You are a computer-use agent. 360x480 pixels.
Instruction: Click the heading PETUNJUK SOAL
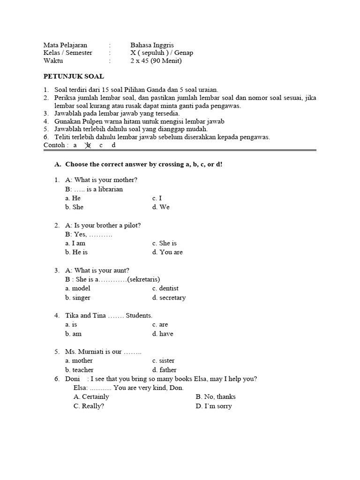click(x=74, y=76)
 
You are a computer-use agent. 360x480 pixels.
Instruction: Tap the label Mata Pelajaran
click(x=65, y=45)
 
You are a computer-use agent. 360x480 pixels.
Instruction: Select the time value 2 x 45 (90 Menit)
click(x=156, y=61)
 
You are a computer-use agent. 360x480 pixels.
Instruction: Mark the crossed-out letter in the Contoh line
click(x=87, y=145)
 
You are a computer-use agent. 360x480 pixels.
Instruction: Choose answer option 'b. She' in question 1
click(x=75, y=207)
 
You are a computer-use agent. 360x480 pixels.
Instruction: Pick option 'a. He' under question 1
click(x=73, y=198)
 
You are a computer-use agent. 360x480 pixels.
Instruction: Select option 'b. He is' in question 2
click(x=76, y=252)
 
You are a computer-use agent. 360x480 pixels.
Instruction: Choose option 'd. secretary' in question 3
click(x=169, y=298)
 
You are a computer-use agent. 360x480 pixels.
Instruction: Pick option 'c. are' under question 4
click(x=160, y=324)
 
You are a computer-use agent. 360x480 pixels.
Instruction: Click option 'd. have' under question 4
click(x=163, y=334)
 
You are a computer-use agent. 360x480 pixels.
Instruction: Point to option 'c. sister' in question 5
click(x=163, y=360)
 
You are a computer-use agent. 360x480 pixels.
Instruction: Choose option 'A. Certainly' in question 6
click(x=91, y=397)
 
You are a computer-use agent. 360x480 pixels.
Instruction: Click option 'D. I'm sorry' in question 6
click(x=214, y=406)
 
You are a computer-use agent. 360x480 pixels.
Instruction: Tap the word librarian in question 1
click(x=108, y=189)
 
